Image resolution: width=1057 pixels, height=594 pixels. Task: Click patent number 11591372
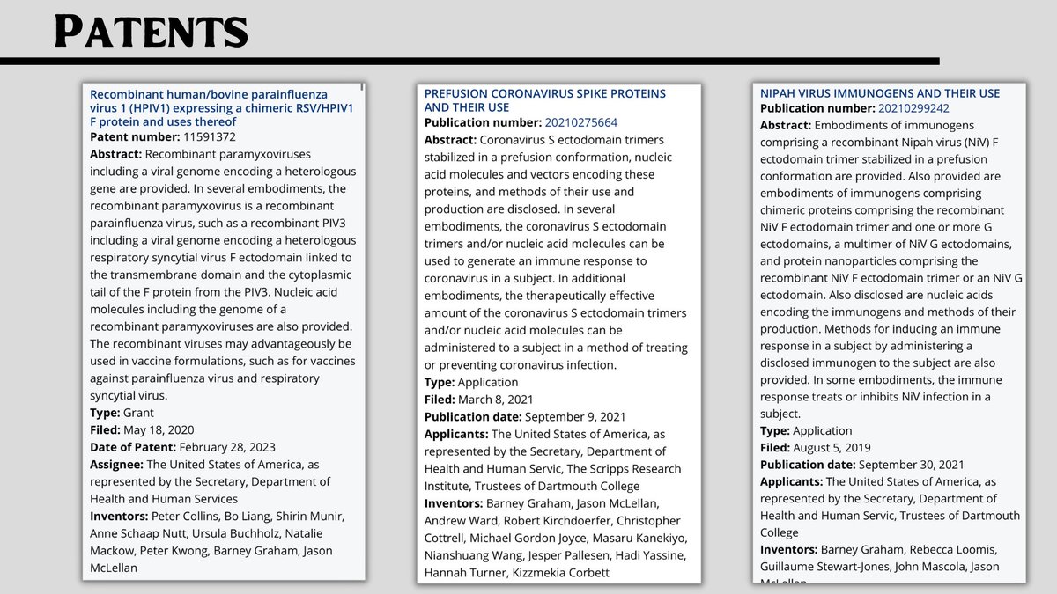tap(209, 137)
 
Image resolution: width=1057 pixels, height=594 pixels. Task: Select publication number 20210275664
tap(581, 122)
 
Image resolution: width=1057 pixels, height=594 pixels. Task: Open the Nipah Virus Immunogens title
tap(880, 93)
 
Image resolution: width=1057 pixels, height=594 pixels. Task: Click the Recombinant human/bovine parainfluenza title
tap(221, 107)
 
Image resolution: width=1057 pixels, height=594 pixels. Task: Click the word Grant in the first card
tap(138, 413)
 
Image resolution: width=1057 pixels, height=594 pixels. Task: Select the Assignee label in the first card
tap(116, 464)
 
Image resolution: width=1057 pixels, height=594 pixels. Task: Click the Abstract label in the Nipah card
tap(786, 125)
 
